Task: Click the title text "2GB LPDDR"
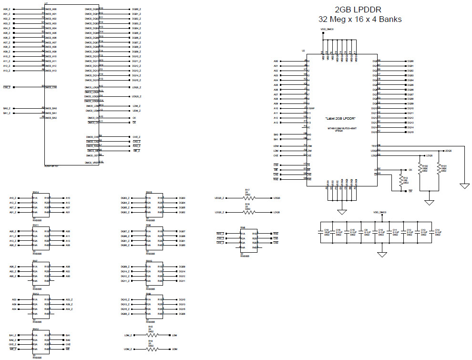tap(359, 10)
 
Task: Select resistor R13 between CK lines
tap(400, 180)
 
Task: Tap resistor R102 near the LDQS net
tap(420, 168)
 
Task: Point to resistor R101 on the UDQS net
tap(437, 168)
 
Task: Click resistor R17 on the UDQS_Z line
tap(247, 198)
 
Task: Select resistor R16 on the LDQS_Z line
tap(247, 212)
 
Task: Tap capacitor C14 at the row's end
tap(431, 232)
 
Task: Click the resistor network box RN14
tap(41, 205)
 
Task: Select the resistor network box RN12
tap(41, 342)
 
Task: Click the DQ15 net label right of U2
tap(410, 132)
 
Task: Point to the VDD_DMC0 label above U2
tap(327, 30)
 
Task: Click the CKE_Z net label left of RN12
tap(13, 344)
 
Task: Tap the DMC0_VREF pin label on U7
tap(92, 163)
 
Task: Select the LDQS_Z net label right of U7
tap(136, 88)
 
